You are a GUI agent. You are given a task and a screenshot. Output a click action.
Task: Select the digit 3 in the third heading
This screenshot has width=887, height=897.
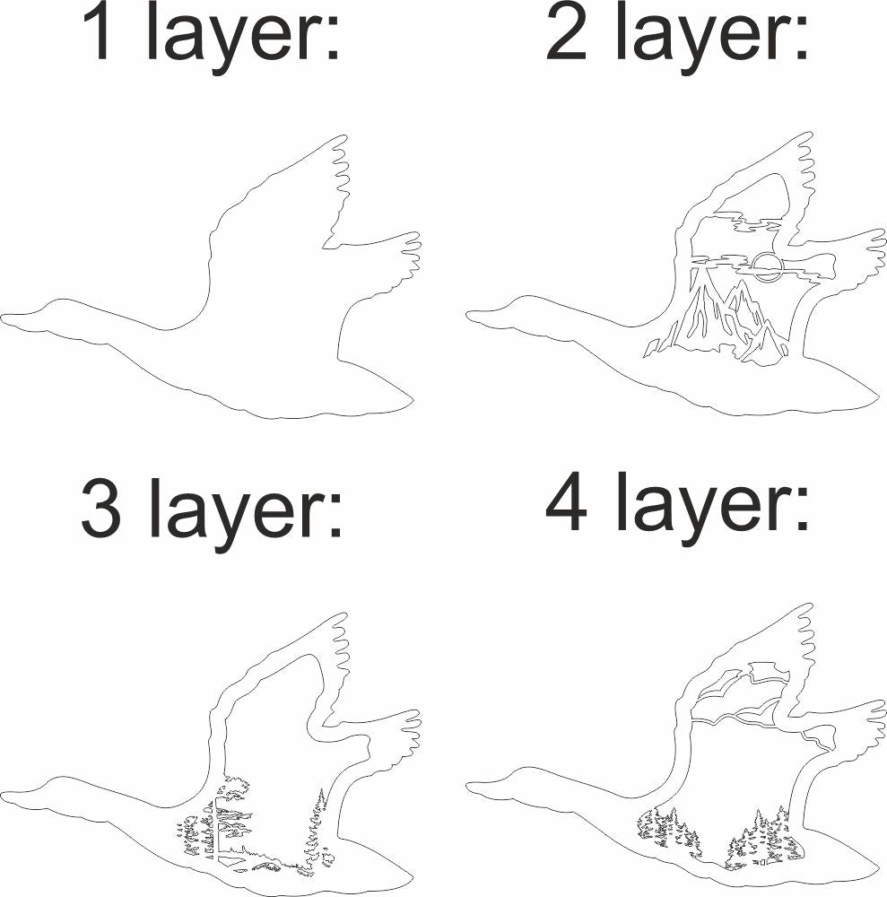pyautogui.click(x=101, y=509)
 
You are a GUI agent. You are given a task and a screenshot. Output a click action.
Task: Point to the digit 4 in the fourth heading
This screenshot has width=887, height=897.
pyautogui.click(x=566, y=501)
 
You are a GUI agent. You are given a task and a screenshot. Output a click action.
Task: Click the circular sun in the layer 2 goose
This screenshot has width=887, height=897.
pyautogui.click(x=765, y=267)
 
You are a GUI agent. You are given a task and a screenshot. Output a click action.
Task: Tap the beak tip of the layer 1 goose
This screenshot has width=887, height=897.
pyautogui.click(x=3, y=317)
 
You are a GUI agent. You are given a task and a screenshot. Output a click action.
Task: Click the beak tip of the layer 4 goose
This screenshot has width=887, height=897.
pyautogui.click(x=468, y=788)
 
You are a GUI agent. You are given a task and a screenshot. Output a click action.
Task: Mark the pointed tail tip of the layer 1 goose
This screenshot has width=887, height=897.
pyautogui.click(x=413, y=399)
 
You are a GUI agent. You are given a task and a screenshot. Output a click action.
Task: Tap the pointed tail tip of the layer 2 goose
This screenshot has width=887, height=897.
pyautogui.click(x=878, y=395)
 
